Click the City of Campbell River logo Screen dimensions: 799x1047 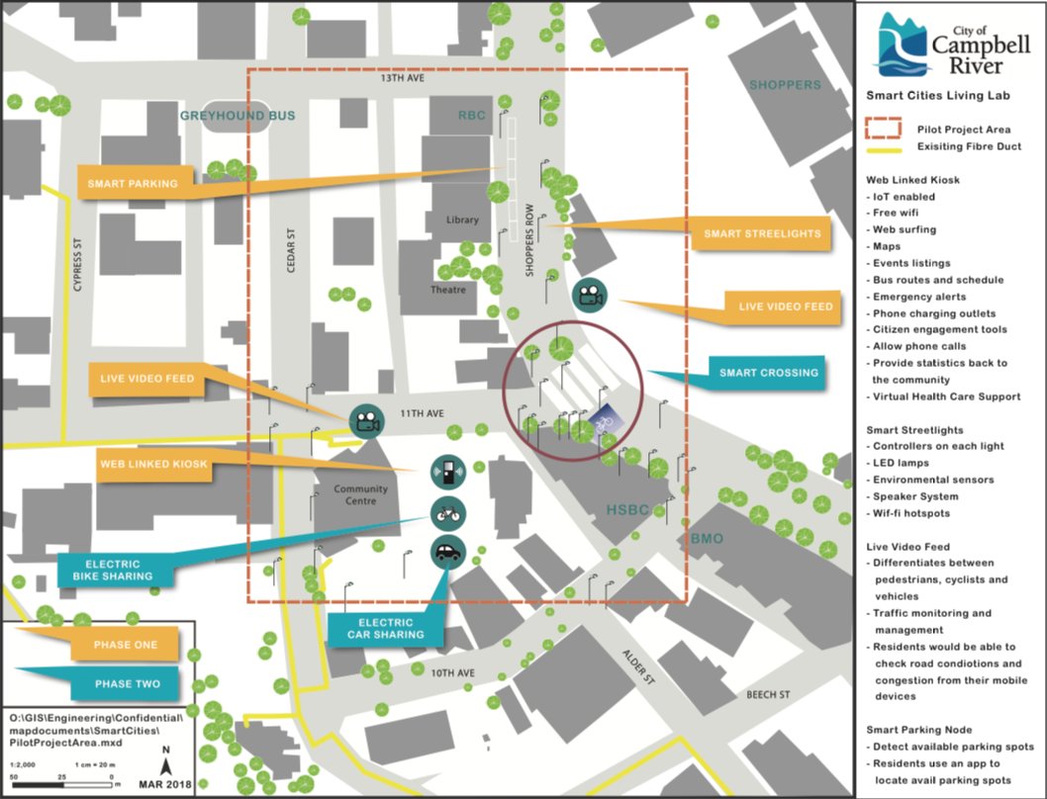tap(939, 45)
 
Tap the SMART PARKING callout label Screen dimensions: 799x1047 tap(132, 183)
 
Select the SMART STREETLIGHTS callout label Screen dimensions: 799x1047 tap(761, 234)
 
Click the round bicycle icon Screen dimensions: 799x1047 tap(448, 513)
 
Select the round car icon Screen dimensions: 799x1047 tap(448, 551)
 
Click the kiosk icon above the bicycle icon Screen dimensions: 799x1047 tap(448, 474)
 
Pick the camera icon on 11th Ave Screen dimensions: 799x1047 tap(366, 421)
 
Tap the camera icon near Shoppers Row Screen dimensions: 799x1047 tap(591, 295)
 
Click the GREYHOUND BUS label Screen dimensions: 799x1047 tap(238, 116)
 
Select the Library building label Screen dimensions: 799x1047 tap(462, 220)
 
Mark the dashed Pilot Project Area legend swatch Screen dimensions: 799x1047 tap(887, 128)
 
